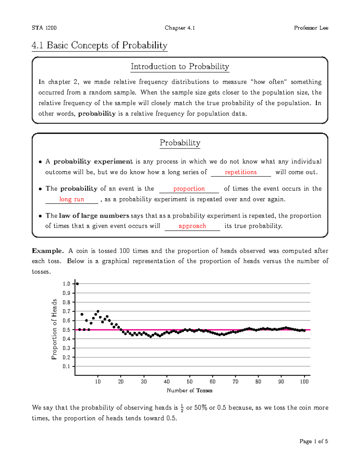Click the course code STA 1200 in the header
tap(44, 28)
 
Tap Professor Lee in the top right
tap(311, 28)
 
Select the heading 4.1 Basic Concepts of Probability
tap(99, 45)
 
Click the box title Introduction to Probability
tap(180, 66)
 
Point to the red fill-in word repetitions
tap(241, 172)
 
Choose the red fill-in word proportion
tap(189, 189)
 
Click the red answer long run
tap(72, 199)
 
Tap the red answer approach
tap(192, 226)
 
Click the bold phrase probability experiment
tap(93, 162)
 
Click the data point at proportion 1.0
tap(77, 284)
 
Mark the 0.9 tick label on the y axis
tap(66, 293)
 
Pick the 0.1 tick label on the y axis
tap(66, 366)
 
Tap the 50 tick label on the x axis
tap(190, 382)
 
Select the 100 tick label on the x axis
tap(304, 382)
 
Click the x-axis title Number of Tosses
tap(189, 390)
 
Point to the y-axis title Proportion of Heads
tap(54, 329)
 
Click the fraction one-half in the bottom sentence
tap(182, 408)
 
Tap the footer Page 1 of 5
tap(313, 441)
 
